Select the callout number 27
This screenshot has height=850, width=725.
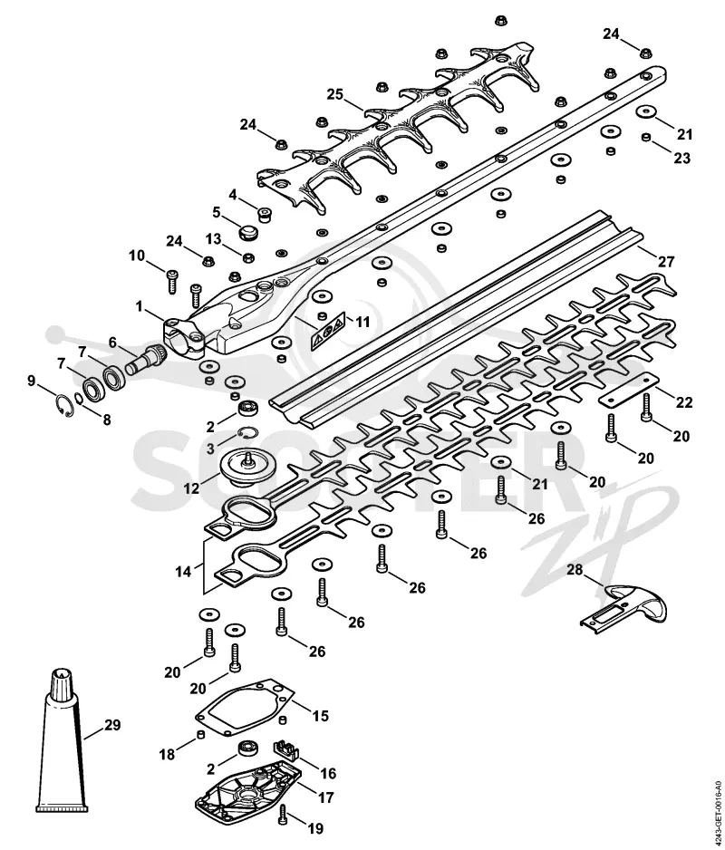point(665,263)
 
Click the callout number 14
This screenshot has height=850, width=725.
point(184,571)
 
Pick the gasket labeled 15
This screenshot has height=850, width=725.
point(244,708)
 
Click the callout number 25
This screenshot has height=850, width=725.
point(335,94)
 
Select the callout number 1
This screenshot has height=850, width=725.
point(140,307)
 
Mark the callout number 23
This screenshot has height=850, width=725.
point(681,158)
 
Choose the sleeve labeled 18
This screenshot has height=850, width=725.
point(200,735)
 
